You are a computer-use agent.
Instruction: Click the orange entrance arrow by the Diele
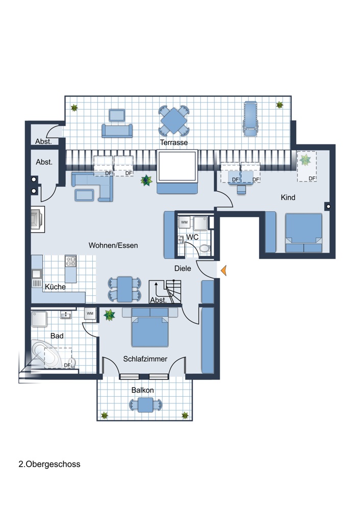[x=223, y=270]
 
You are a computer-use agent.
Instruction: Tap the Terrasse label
[x=174, y=142]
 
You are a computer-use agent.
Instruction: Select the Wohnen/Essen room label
[x=113, y=245]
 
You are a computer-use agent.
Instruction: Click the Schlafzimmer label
[x=145, y=359]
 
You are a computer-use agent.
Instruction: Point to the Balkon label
[x=142, y=390]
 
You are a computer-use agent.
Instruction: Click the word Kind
[x=288, y=197]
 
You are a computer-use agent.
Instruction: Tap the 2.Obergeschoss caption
[x=49, y=464]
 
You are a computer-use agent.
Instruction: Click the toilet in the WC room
[x=204, y=248]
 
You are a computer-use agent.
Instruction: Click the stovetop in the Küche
[x=70, y=261]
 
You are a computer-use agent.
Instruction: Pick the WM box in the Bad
[x=90, y=314]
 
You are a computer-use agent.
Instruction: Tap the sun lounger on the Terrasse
[x=251, y=118]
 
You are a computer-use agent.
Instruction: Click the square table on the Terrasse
[x=174, y=121]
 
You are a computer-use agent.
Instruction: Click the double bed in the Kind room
[x=303, y=233]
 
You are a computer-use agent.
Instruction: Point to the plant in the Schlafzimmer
[x=109, y=315]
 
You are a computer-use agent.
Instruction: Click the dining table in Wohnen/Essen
[x=125, y=289]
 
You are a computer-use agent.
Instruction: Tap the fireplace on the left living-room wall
[x=37, y=219]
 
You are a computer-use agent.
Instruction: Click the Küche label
[x=55, y=287]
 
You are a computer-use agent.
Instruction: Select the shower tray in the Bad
[x=39, y=319]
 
